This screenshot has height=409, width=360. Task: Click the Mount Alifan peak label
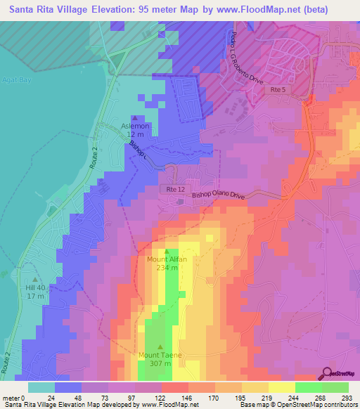tap(167, 259)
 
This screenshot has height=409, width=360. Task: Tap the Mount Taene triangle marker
tap(160, 346)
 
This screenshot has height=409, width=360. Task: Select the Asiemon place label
tap(135, 126)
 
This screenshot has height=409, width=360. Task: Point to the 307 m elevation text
tap(160, 364)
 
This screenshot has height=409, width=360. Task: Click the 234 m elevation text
tap(167, 268)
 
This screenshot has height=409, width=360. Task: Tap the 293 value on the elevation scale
tap(347, 397)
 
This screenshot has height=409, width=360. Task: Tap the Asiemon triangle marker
tap(135, 118)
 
